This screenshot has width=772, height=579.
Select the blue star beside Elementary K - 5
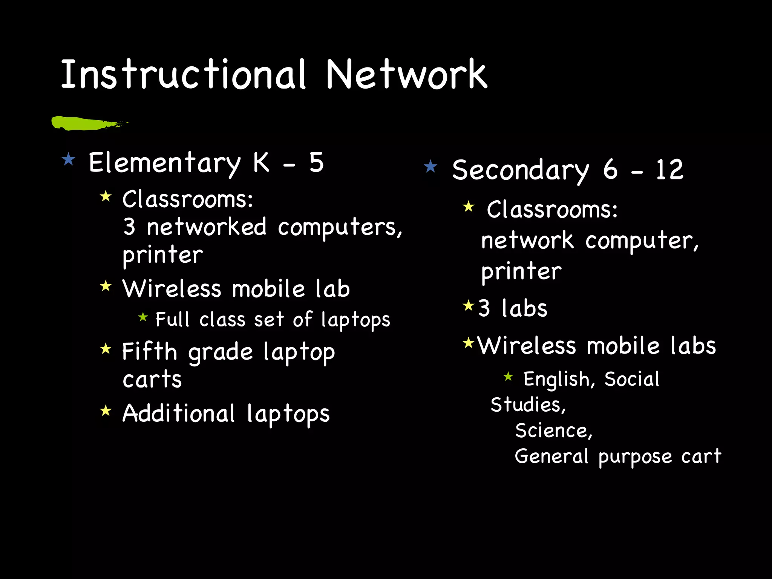(x=69, y=159)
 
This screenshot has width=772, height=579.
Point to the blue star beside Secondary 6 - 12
(x=430, y=166)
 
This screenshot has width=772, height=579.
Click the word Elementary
(x=164, y=163)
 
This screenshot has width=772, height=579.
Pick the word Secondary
(x=520, y=170)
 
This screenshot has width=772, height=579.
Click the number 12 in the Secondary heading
(x=669, y=170)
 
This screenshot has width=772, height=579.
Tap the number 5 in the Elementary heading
(x=317, y=163)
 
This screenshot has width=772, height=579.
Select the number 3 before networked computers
(x=129, y=227)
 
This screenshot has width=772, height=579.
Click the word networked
(x=207, y=227)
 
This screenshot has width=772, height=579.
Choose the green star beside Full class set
(x=143, y=317)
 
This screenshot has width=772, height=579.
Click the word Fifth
(x=149, y=352)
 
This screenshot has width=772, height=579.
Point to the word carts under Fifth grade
(x=152, y=379)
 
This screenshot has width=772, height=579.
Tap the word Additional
(x=179, y=414)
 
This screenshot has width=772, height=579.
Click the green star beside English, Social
(x=508, y=376)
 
